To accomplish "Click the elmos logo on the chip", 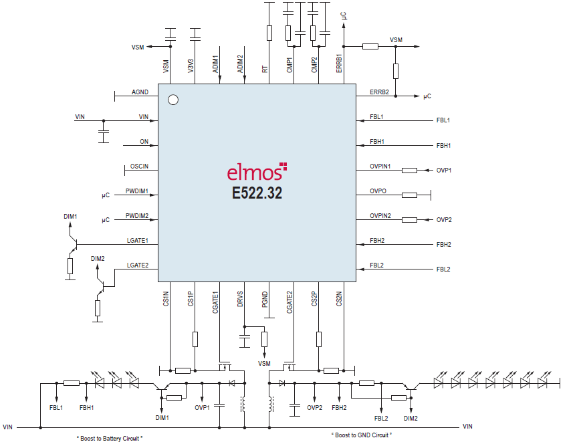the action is coord(257,172).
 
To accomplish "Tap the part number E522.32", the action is coord(257,193).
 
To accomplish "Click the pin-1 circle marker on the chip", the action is coord(173,100).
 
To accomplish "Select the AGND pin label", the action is coord(140,92).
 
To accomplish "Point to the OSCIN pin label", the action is coord(139,166).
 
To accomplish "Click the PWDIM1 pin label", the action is coord(136,191).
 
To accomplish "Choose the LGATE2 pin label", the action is coord(137,265).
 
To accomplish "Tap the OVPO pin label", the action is coord(378,191).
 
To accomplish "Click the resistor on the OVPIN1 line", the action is coord(409,171).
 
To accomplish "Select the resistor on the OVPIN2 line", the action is coord(409,220).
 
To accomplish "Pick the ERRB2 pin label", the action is coord(379,92).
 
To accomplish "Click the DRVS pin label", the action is coord(240,299).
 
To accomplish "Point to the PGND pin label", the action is coord(265,299).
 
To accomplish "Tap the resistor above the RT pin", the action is coord(269,33).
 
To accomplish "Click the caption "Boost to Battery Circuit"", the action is coord(110,438).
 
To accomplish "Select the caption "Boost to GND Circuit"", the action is coord(362,435).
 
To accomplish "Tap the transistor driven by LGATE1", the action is coord(73,243).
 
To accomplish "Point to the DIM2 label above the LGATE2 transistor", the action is coord(98,259).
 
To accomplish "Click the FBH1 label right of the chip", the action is coord(443,146).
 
